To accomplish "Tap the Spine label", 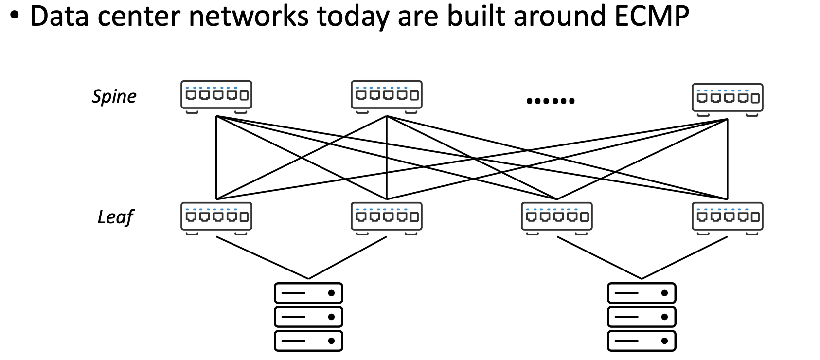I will [x=114, y=96].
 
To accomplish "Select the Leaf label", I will [x=115, y=217].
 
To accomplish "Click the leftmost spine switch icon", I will [x=216, y=95].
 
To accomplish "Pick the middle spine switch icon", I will [x=387, y=95].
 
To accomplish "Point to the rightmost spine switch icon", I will [x=727, y=98].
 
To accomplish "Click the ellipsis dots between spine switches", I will [x=551, y=101].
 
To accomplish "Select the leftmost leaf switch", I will [x=216, y=216].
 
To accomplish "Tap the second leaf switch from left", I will [x=387, y=216].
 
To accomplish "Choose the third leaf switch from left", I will [x=557, y=216].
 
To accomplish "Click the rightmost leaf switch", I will [x=727, y=216].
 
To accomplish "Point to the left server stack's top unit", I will [x=308, y=293].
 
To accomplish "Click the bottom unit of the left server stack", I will [x=308, y=341].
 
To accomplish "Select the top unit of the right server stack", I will [x=642, y=293].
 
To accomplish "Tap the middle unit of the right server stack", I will [x=642, y=317].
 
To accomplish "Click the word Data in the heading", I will [x=62, y=16].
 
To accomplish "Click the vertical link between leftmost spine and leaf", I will [x=216, y=158].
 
